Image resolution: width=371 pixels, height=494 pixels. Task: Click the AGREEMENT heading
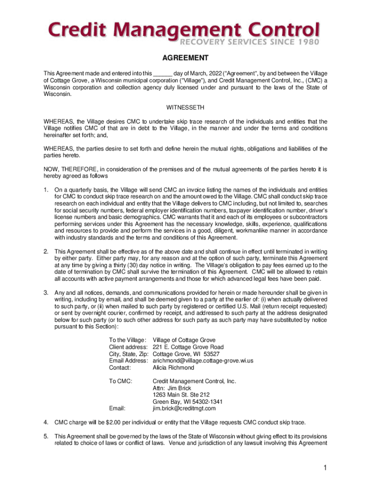(x=185, y=58)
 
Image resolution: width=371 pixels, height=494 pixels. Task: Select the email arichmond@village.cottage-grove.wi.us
(x=203, y=361)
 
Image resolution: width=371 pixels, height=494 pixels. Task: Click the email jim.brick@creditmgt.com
(x=181, y=409)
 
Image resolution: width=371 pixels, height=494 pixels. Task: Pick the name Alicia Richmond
(x=173, y=368)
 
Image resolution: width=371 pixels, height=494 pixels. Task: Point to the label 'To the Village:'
(x=127, y=341)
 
